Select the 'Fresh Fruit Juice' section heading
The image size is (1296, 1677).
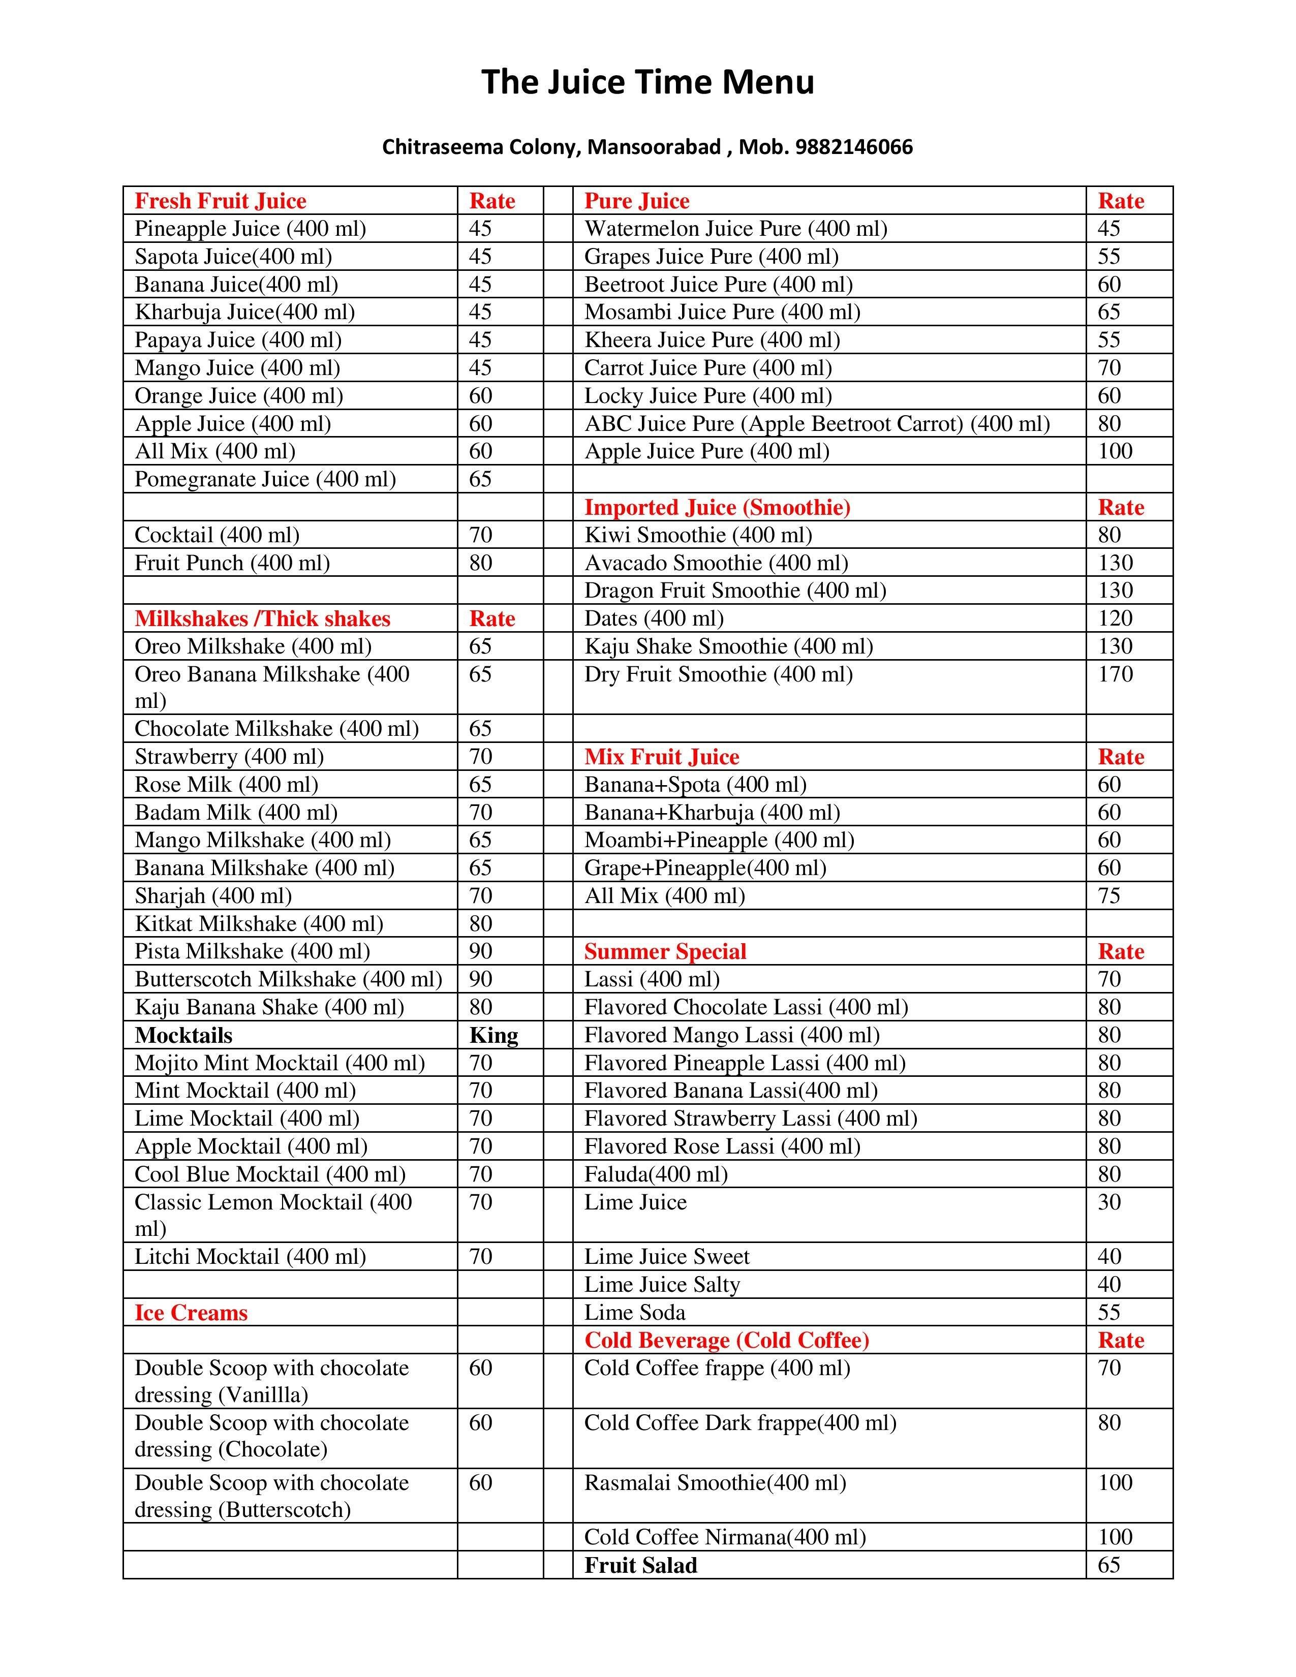tap(221, 201)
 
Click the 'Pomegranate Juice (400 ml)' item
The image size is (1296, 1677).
tap(265, 479)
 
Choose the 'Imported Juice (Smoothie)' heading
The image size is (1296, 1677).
tap(717, 508)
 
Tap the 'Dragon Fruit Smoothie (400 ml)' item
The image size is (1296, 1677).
tap(735, 591)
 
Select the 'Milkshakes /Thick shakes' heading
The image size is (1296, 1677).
tap(263, 619)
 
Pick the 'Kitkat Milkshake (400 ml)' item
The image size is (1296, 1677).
tap(259, 924)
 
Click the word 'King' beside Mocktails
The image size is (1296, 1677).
tap(493, 1035)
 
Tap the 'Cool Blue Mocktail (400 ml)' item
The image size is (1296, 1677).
tap(270, 1174)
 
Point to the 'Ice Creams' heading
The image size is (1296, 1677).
tap(191, 1313)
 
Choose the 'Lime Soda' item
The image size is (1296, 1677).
tap(634, 1313)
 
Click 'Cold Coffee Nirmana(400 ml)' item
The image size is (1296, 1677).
tap(725, 1537)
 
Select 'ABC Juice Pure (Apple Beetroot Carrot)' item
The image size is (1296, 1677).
tap(817, 424)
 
